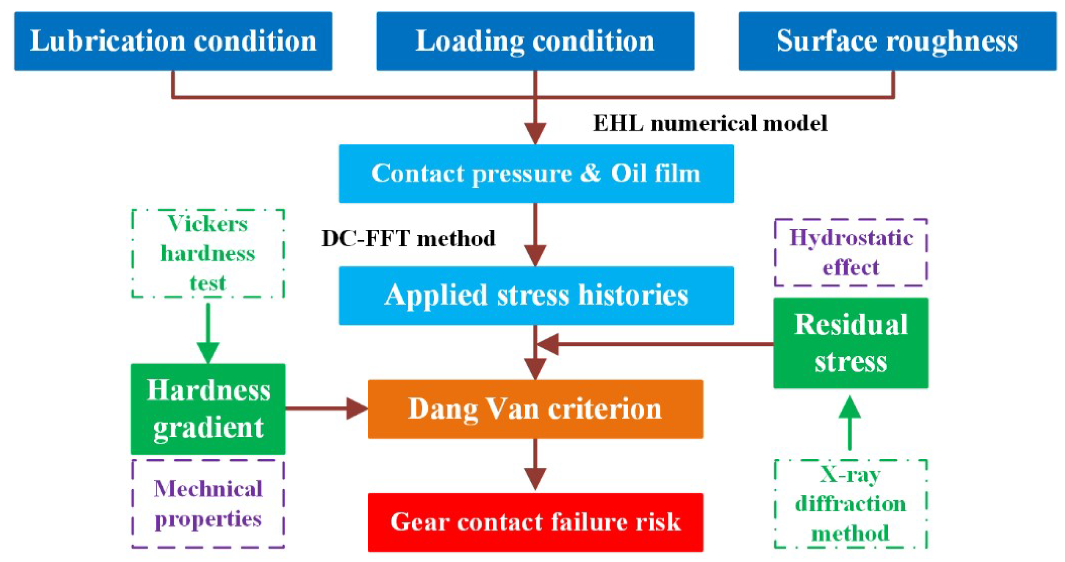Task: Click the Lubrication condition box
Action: pyautogui.click(x=173, y=41)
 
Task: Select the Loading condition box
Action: pyautogui.click(x=535, y=41)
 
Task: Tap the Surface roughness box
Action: pyautogui.click(x=897, y=41)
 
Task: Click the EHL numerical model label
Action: pyautogui.click(x=710, y=123)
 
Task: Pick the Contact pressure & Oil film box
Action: pyautogui.click(x=536, y=174)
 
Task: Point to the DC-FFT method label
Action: pyautogui.click(x=408, y=238)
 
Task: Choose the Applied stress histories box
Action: pyautogui.click(x=536, y=296)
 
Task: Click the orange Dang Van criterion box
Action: pyautogui.click(x=535, y=409)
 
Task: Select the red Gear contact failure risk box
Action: pyautogui.click(x=535, y=522)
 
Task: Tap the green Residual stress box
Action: pyautogui.click(x=851, y=343)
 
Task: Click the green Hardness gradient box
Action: pyautogui.click(x=208, y=409)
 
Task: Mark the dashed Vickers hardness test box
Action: pyautogui.click(x=208, y=253)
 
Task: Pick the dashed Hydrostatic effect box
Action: pyautogui.click(x=851, y=252)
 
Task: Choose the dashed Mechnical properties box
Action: pyautogui.click(x=208, y=504)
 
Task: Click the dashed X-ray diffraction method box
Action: pyautogui.click(x=851, y=504)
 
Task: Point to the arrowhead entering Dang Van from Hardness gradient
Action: pyautogui.click(x=356, y=409)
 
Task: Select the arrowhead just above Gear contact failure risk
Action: pyautogui.click(x=535, y=479)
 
